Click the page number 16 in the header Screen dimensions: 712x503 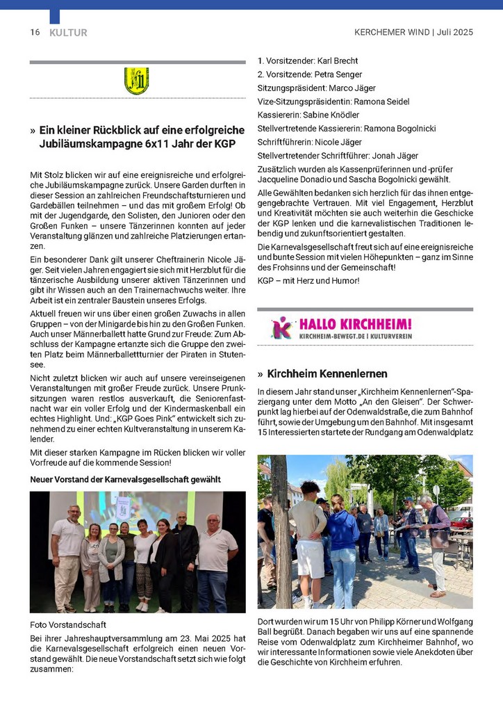pyautogui.click(x=35, y=33)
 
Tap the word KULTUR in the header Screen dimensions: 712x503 pyautogui.click(x=68, y=33)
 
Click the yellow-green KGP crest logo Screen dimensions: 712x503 pyautogui.click(x=137, y=81)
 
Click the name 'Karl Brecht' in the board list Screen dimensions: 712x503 pyautogui.click(x=339, y=61)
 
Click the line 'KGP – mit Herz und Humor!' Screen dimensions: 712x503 pyautogui.click(x=308, y=280)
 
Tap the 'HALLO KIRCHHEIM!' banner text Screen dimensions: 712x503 pyautogui.click(x=355, y=324)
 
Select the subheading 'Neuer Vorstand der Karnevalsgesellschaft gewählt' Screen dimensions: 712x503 pyautogui.click(x=125, y=480)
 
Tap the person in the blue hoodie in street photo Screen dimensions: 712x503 pyautogui.click(x=343, y=546)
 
